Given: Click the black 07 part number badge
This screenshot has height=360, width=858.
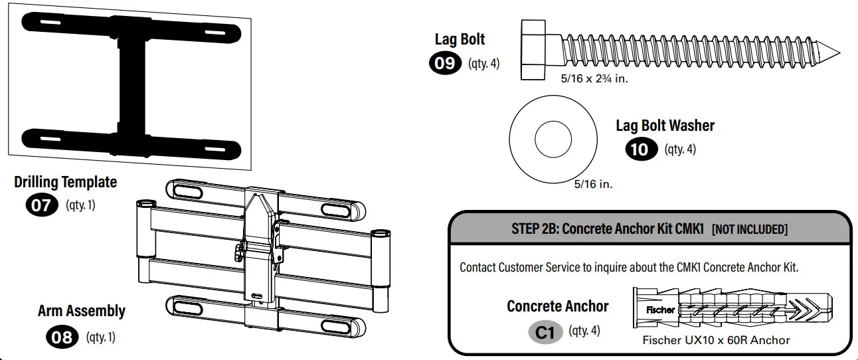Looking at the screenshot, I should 41,205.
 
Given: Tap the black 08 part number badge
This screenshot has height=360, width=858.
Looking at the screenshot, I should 62,337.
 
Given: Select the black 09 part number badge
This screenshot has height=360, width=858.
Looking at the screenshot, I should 445,64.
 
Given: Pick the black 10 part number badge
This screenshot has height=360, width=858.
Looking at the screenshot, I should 640,149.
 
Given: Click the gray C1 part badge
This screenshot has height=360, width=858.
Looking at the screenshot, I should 545,331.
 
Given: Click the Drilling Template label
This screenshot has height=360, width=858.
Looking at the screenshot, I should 65,182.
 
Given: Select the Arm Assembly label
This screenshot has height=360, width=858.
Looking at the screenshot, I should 81,311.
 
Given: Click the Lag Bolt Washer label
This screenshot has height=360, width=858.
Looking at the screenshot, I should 665,126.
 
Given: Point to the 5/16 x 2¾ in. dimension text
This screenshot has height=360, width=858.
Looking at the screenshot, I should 594,78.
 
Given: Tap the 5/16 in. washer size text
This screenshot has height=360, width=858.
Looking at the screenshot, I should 593,184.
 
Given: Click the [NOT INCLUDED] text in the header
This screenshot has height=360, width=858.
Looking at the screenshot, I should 749,230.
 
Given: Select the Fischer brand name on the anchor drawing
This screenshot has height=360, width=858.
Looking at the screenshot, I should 660,310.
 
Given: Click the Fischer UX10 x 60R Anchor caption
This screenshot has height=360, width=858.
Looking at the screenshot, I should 716,340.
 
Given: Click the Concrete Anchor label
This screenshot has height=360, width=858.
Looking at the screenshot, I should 557,306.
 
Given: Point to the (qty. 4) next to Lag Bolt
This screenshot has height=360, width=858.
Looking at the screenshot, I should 483,64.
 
